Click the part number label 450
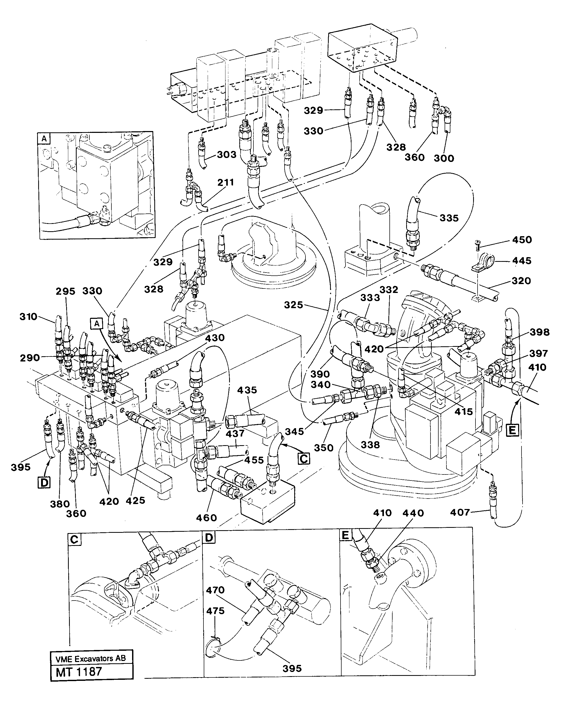(522, 240)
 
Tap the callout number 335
(449, 218)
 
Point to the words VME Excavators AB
(90, 658)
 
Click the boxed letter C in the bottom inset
(74, 539)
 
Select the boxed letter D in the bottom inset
(209, 537)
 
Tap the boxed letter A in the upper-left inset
(44, 139)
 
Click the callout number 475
(215, 611)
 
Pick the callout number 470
(215, 590)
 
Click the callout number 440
(413, 513)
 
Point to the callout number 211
(225, 183)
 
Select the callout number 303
(226, 155)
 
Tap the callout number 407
(460, 512)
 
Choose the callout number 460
(206, 518)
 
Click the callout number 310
(28, 316)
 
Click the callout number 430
(215, 338)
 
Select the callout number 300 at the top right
(444, 158)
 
